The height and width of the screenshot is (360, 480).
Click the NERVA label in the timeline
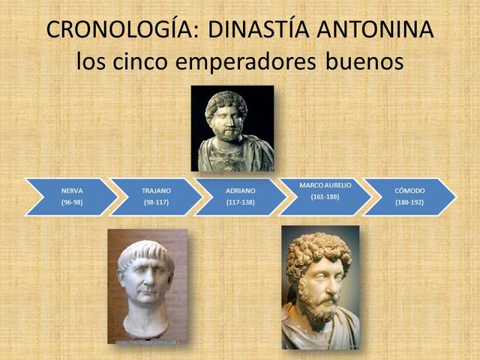click(72, 190)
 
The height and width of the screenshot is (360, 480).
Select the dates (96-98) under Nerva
click(72, 202)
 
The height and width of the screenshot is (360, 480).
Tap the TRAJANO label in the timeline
click(157, 190)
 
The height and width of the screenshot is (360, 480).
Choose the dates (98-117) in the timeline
click(157, 202)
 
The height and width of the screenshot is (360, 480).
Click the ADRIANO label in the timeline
click(241, 190)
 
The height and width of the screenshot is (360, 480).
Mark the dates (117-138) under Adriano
click(241, 202)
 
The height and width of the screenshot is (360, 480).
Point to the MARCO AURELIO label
click(325, 184)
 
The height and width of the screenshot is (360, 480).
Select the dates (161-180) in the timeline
click(325, 196)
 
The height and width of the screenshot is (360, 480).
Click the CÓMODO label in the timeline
click(409, 190)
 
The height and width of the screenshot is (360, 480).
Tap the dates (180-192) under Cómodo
click(409, 202)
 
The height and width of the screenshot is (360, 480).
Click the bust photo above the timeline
click(232, 128)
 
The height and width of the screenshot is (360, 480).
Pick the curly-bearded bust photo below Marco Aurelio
click(320, 287)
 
